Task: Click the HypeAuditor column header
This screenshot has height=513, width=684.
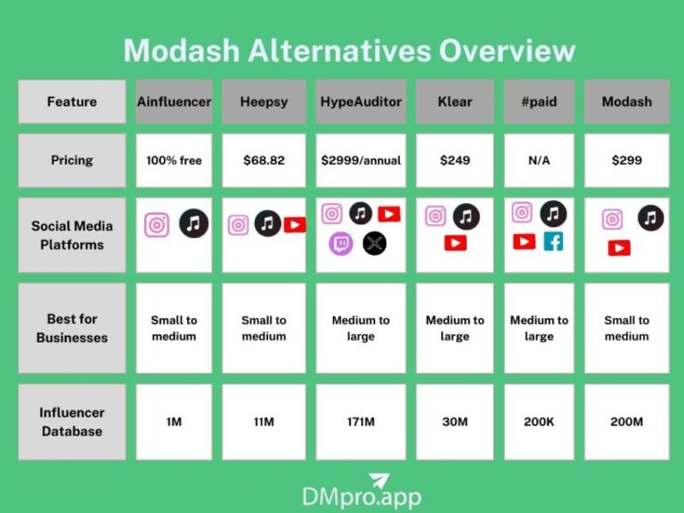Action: pos(361,102)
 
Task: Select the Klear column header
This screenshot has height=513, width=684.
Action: pos(454,102)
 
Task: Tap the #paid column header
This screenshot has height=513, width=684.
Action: pos(539,102)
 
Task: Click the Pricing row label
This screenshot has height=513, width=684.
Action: pos(72,160)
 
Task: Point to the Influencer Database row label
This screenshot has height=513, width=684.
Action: pos(72,422)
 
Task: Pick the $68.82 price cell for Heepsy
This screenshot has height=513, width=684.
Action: pos(264,160)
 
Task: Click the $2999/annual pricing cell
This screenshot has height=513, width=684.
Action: pos(361,160)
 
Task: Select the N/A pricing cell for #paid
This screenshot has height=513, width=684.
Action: pos(539,160)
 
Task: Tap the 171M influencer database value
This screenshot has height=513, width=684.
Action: pos(361,421)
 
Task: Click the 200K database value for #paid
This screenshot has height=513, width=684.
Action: pos(539,421)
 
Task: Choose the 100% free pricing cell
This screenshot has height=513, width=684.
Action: pos(175,160)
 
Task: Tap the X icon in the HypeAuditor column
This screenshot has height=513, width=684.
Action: pos(375,243)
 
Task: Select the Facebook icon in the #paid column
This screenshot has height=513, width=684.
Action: pos(553,241)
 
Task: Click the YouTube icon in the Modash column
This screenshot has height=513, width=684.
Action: pos(619,248)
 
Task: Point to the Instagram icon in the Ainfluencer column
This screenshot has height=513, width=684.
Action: pos(157,224)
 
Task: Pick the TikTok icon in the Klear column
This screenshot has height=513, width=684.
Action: pos(466,216)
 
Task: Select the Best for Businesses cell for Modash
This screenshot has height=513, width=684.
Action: pos(627,328)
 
